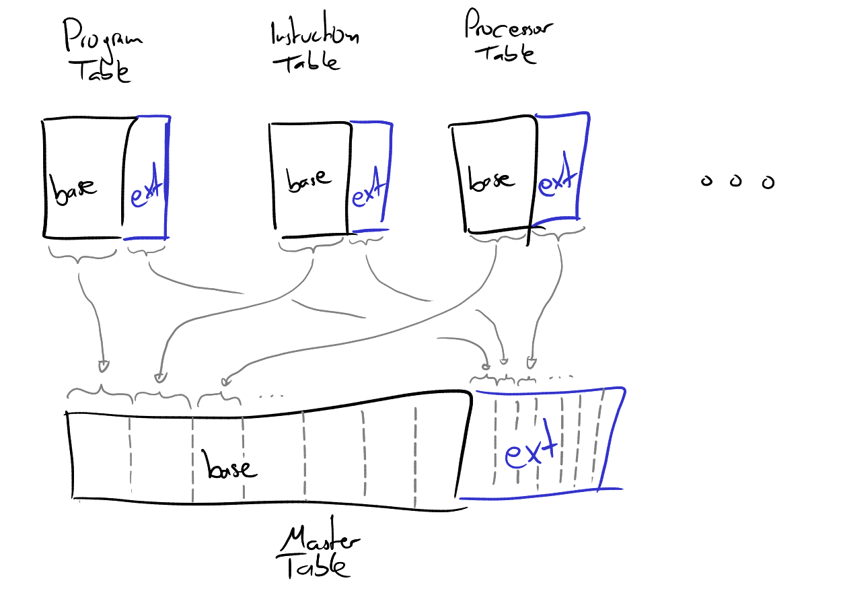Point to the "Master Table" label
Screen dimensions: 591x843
(x=320, y=553)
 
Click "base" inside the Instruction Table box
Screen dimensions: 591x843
(x=309, y=178)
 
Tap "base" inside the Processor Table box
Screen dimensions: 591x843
(x=490, y=180)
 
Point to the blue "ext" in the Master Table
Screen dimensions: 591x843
(x=532, y=452)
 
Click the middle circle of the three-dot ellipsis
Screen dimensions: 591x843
(x=736, y=181)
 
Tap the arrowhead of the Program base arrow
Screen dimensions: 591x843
(x=102, y=366)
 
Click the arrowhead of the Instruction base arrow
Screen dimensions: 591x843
(x=159, y=377)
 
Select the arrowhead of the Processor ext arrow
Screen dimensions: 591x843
(x=531, y=363)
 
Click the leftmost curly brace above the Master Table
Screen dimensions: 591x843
(x=101, y=392)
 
